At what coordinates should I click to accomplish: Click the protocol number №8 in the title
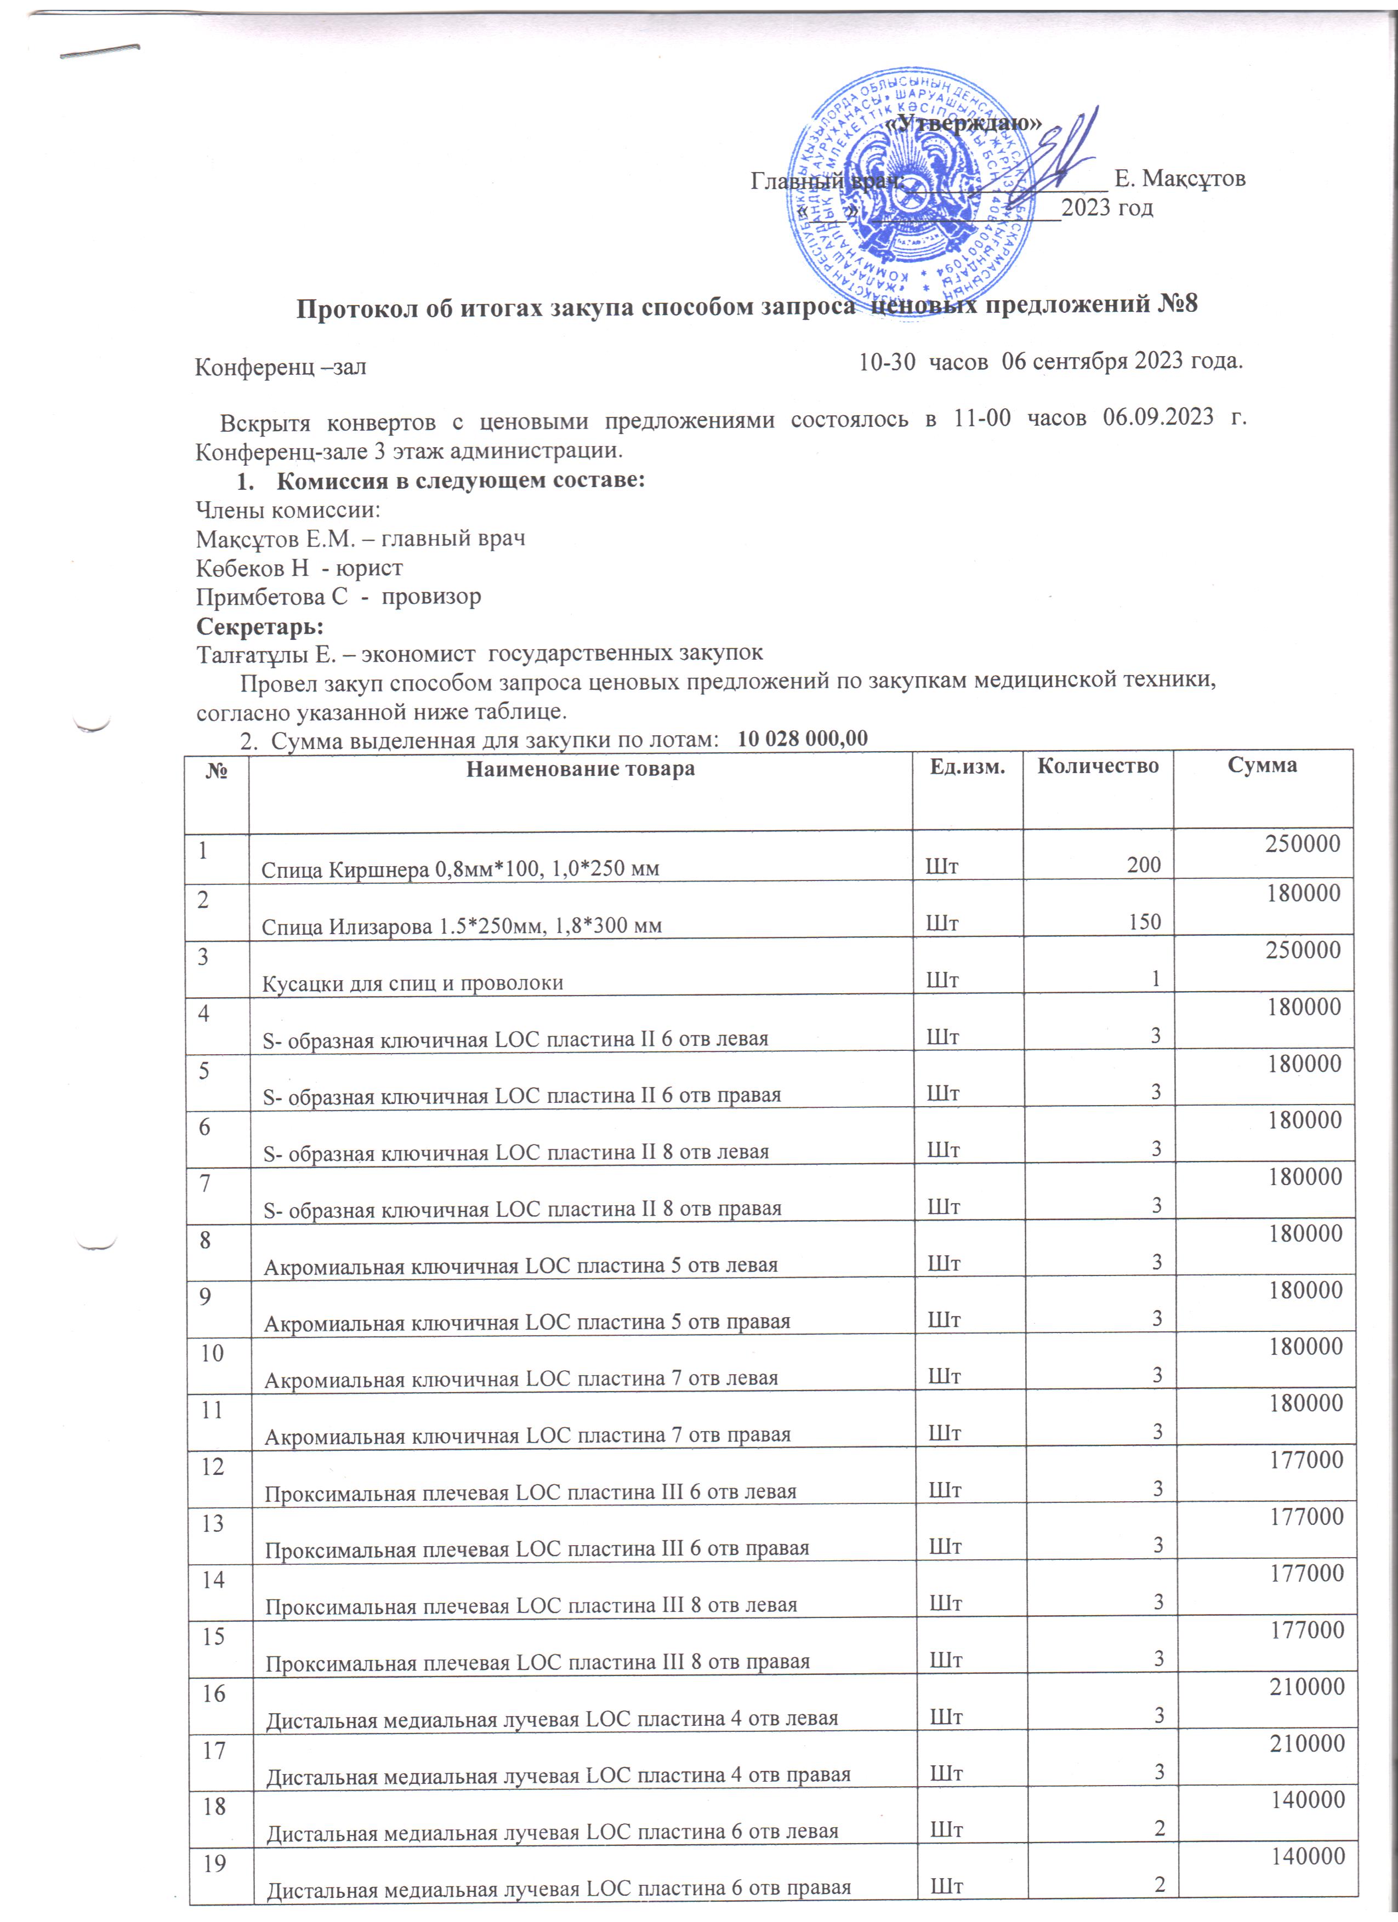1177,304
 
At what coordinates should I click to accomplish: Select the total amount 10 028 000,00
803,738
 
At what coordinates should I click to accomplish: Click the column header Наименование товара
581,769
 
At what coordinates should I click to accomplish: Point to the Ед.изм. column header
967,767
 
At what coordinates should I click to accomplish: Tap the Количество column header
1098,765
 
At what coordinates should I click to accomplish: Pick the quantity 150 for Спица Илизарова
1145,922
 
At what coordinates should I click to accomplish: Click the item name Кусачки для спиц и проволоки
412,983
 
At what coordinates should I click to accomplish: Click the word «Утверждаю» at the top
963,122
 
